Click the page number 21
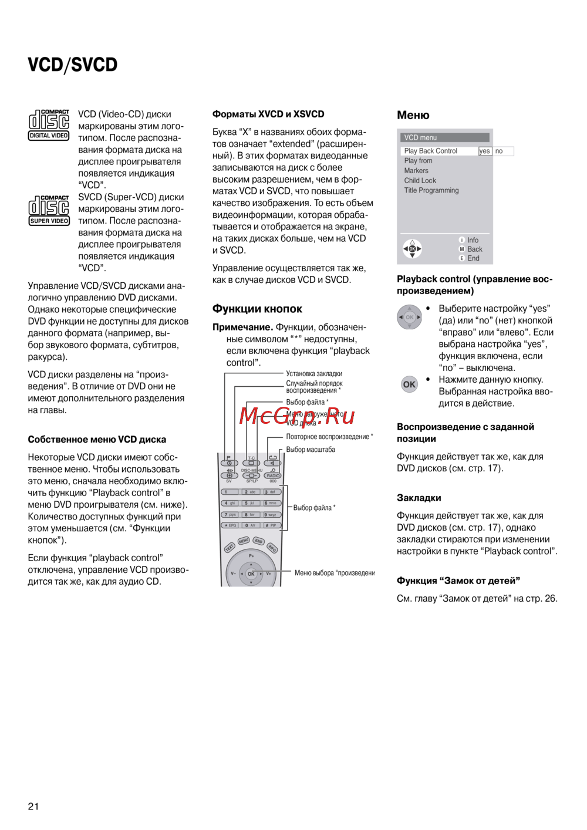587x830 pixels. (33, 806)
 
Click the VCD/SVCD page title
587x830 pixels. (72, 65)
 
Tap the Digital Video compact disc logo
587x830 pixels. (49, 125)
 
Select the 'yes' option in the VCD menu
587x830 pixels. (484, 151)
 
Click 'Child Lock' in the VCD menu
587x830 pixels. (420, 180)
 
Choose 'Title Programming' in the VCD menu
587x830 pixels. (431, 190)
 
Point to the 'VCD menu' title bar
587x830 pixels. (445, 137)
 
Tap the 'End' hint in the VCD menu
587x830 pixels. (473, 258)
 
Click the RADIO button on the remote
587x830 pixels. (273, 475)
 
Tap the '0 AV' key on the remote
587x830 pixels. (251, 525)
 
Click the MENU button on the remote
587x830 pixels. (244, 540)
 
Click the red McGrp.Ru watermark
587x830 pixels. (297, 416)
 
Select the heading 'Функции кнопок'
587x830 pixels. (257, 309)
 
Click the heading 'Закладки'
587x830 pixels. (419, 498)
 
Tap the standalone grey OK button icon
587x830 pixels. (409, 384)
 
